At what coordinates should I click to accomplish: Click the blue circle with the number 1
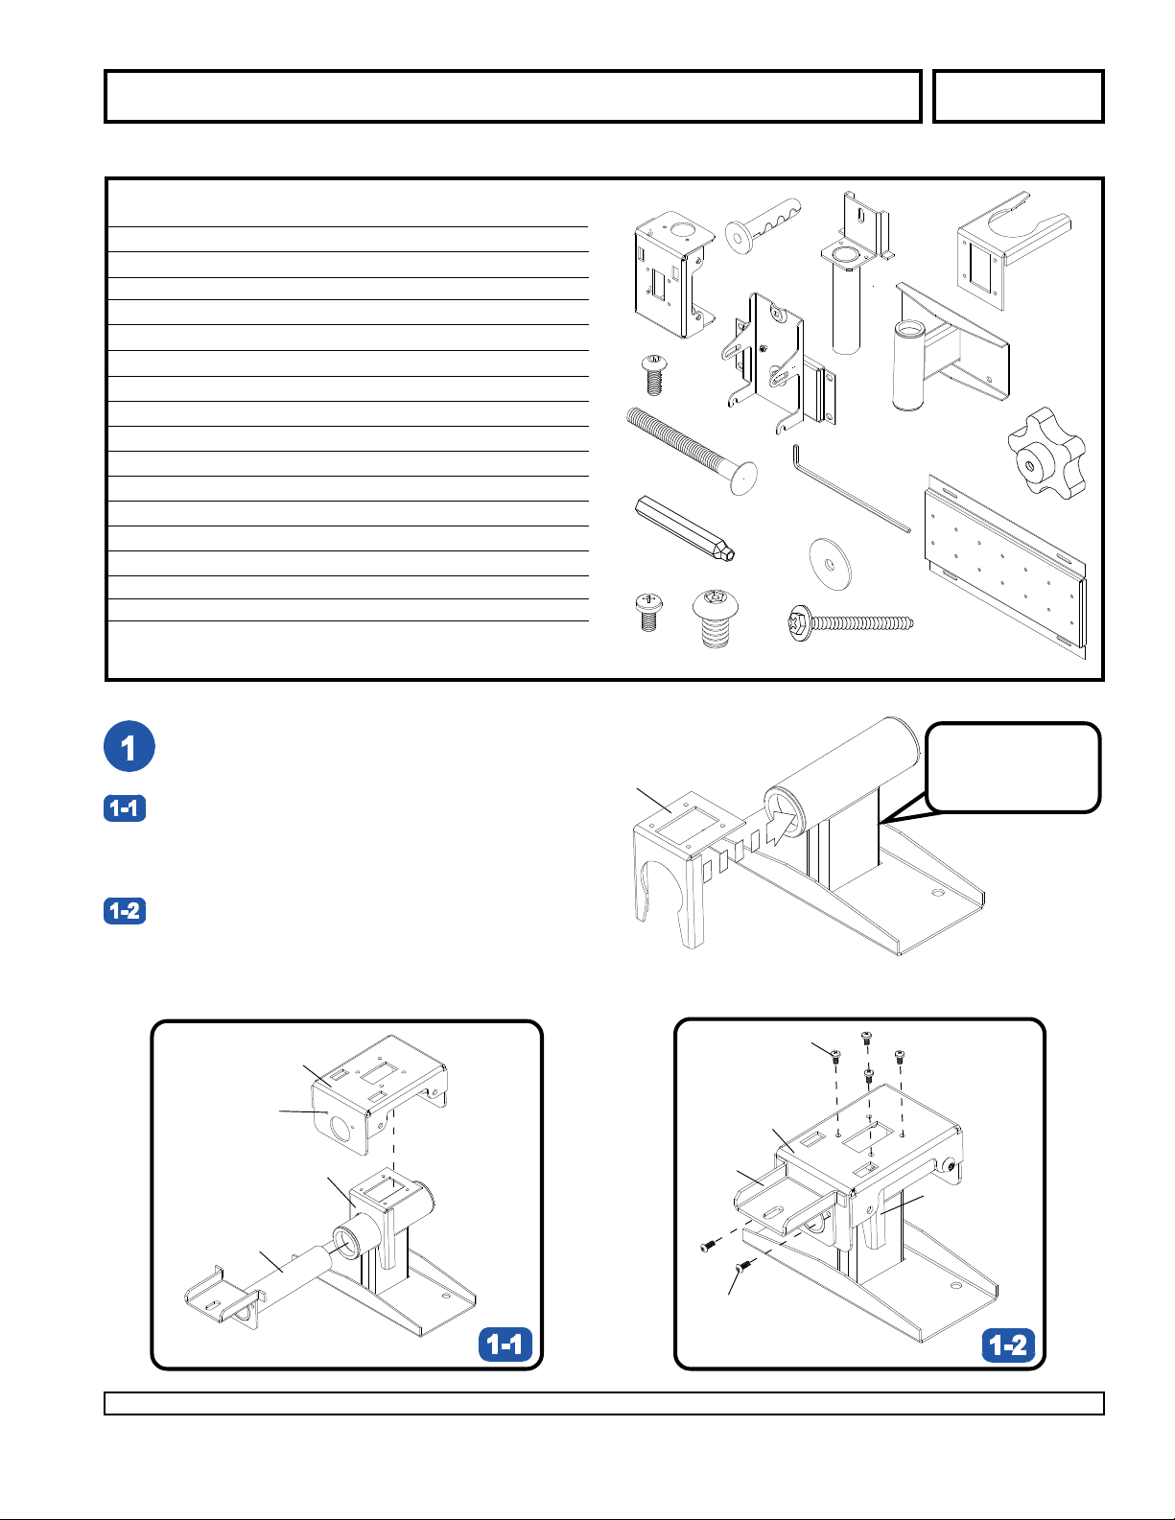coord(129,746)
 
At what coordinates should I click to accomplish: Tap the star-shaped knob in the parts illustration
coord(1046,454)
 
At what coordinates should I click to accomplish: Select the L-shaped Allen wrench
coord(850,488)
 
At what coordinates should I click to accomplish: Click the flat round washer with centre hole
coord(831,564)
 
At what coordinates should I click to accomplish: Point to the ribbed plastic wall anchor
coord(763,225)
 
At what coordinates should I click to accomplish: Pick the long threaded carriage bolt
coord(691,451)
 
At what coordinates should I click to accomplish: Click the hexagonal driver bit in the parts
coord(684,528)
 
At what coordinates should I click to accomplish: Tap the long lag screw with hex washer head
coord(851,622)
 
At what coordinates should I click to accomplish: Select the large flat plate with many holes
coord(1006,567)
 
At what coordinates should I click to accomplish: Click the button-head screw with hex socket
coord(715,618)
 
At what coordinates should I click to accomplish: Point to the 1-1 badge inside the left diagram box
coord(505,1344)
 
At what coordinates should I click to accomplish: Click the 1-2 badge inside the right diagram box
coord(1008,1345)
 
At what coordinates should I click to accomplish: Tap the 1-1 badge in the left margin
coord(125,807)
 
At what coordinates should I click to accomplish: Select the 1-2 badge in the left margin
coord(125,911)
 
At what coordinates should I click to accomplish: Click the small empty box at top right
coord(1019,97)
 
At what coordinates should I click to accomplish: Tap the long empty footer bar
coord(604,1403)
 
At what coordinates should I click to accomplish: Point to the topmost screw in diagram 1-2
coord(866,1038)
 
